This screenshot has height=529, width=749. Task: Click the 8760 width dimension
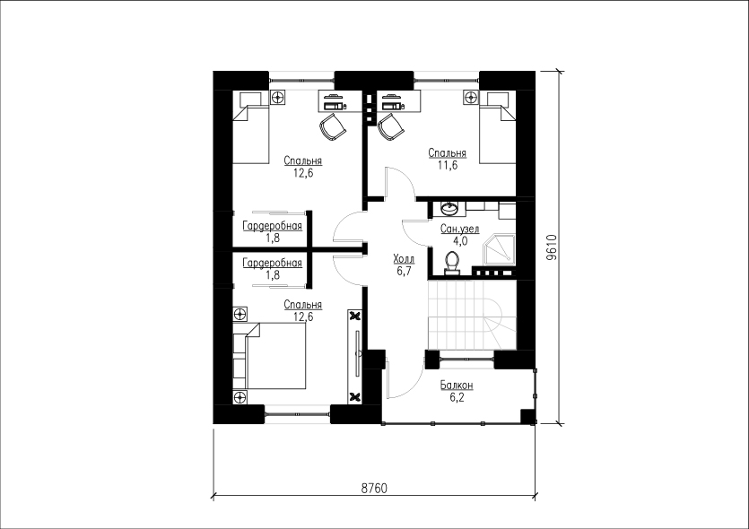pyautogui.click(x=374, y=489)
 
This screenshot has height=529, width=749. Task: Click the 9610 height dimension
pyautogui.click(x=552, y=247)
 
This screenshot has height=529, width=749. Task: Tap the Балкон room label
pyautogui.click(x=457, y=385)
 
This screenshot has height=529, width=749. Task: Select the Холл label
pyautogui.click(x=404, y=259)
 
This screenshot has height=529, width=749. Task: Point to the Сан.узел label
pyautogui.click(x=460, y=230)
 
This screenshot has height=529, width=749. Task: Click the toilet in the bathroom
pyautogui.click(x=452, y=263)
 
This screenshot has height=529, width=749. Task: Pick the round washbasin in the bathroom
pyautogui.click(x=449, y=208)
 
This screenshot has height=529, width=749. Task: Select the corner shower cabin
pyautogui.click(x=499, y=248)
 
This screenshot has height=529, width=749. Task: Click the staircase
pyautogui.click(x=472, y=316)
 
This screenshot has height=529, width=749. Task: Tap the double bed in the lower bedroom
pyautogui.click(x=269, y=356)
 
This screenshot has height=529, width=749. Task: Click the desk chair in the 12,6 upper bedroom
pyautogui.click(x=332, y=126)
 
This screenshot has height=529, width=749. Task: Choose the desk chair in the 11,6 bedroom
pyautogui.click(x=391, y=126)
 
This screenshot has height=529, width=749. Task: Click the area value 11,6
pyautogui.click(x=447, y=165)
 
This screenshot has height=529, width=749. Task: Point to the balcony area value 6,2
pyautogui.click(x=457, y=397)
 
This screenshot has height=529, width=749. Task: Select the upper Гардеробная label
pyautogui.click(x=273, y=225)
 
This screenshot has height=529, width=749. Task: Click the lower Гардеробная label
pyautogui.click(x=273, y=263)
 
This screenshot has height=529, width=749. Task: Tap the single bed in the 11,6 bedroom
pyautogui.click(x=498, y=128)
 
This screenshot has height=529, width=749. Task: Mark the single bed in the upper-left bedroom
pyautogui.click(x=251, y=128)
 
